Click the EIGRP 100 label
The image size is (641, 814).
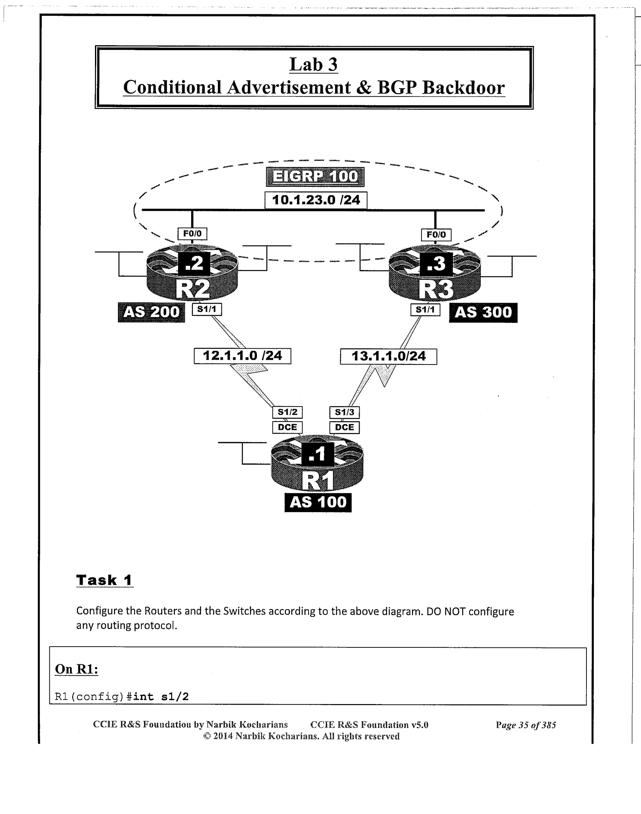coord(315,177)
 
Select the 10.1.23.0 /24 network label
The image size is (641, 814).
coord(316,200)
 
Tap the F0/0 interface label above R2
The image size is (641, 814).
coord(192,234)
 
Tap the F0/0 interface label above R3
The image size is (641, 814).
coord(436,235)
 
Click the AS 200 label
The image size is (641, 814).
coord(151,312)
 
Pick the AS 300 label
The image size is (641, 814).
coord(483,313)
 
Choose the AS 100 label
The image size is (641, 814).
coord(318,502)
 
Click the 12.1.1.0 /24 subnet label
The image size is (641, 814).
coord(242,356)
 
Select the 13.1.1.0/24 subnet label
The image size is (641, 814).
coord(388,357)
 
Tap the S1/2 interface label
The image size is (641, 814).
coord(287,412)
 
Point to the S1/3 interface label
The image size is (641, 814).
coord(344,413)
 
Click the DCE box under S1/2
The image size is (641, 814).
coord(287,427)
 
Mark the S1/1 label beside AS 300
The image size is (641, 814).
coord(425,310)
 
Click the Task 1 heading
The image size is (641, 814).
coord(104,580)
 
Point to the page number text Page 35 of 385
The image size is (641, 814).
coord(526,725)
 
